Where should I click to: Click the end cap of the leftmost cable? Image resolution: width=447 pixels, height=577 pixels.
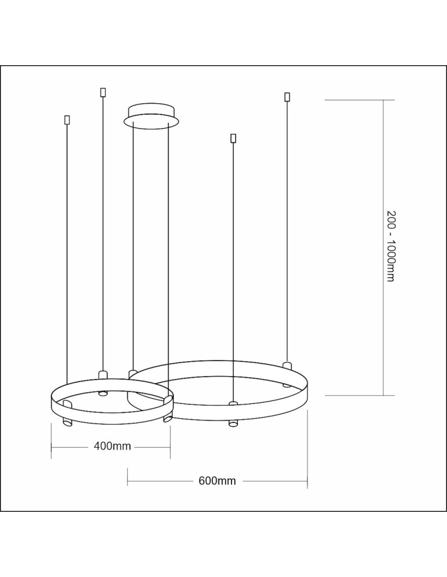(x=67, y=120)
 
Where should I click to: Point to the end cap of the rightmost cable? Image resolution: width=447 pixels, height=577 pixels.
(x=287, y=97)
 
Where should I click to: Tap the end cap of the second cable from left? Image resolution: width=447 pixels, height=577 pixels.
(x=103, y=92)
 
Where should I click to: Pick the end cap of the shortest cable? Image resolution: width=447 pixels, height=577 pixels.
(x=233, y=138)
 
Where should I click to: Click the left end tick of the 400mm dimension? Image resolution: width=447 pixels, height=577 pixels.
(x=51, y=446)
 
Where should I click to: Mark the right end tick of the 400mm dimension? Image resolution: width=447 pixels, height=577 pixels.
(x=170, y=446)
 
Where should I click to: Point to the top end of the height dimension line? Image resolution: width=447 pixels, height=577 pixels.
(x=383, y=100)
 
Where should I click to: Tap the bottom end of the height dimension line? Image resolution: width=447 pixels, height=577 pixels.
(x=383, y=395)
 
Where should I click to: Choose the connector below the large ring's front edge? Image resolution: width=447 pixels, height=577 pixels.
(x=233, y=423)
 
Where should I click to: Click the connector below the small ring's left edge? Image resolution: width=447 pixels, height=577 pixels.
(x=65, y=424)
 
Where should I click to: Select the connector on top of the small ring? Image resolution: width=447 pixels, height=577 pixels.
(x=103, y=374)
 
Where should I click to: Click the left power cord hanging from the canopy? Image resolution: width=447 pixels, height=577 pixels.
(x=133, y=242)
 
